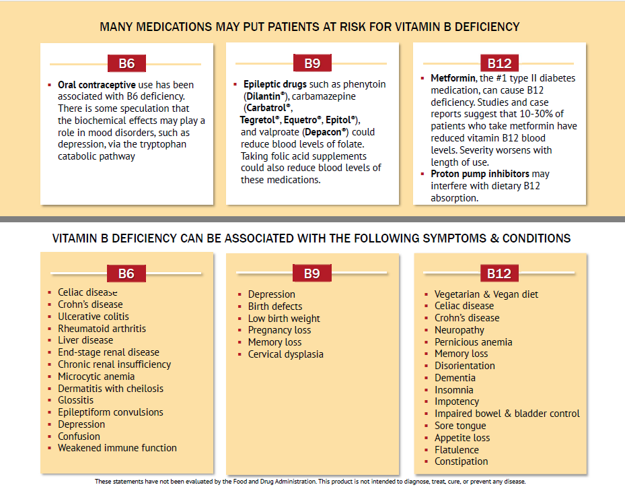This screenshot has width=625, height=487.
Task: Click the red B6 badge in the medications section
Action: point(126,64)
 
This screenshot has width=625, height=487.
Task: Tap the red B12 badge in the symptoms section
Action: point(499,273)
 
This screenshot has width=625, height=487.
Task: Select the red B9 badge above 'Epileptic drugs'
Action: point(312,64)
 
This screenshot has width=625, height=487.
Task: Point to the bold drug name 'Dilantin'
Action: point(264,96)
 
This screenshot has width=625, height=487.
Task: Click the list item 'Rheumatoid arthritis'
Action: point(102,329)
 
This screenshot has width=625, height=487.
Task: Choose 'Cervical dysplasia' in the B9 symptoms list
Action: point(285,354)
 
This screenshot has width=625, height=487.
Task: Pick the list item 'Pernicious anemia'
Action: point(473,342)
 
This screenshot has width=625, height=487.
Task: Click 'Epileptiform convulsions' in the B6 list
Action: point(110,412)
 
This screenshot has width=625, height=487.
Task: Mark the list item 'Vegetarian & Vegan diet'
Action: point(486,294)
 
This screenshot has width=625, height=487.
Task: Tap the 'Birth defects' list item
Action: point(275,306)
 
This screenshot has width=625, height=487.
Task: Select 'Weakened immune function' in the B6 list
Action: point(117,448)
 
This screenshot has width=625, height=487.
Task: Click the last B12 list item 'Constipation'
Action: point(461,461)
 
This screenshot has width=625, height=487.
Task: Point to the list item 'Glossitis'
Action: point(75,400)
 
